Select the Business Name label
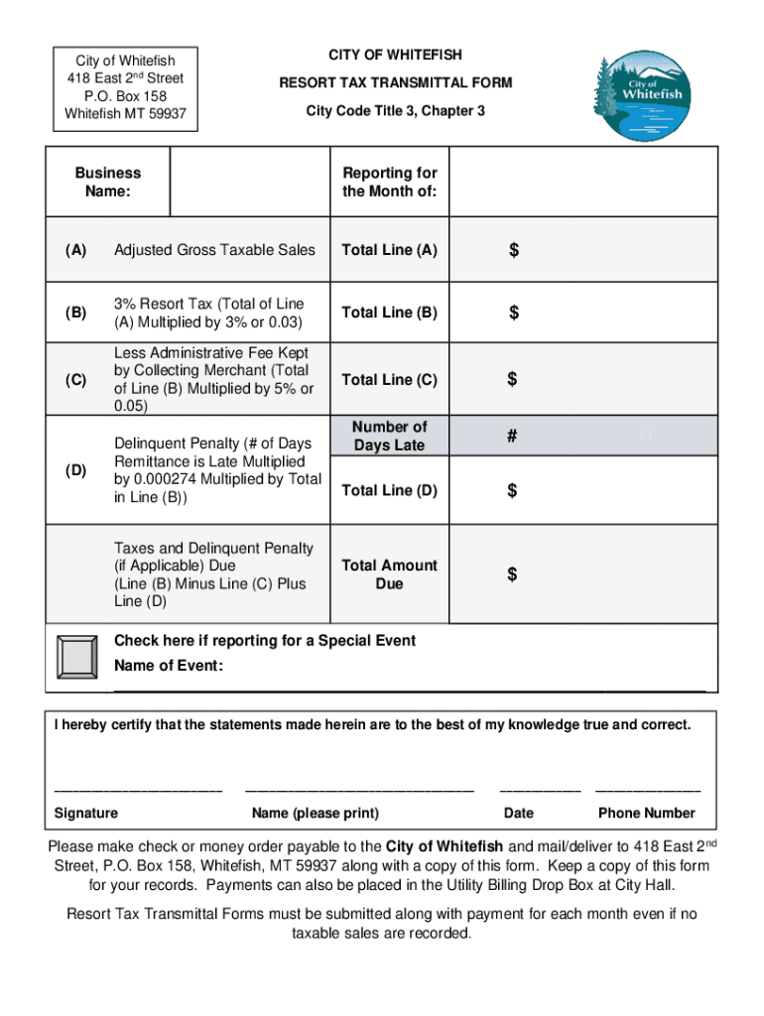108,182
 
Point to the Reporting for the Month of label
389,182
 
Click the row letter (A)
75,250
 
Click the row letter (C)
75,380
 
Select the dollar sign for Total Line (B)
514,314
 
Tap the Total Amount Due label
389,574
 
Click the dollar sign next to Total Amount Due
513,575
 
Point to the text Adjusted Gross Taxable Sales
214,250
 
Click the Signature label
86,814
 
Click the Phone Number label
646,814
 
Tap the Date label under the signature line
518,814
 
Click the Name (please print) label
315,814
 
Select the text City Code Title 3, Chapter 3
395,111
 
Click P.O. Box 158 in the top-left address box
125,96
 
